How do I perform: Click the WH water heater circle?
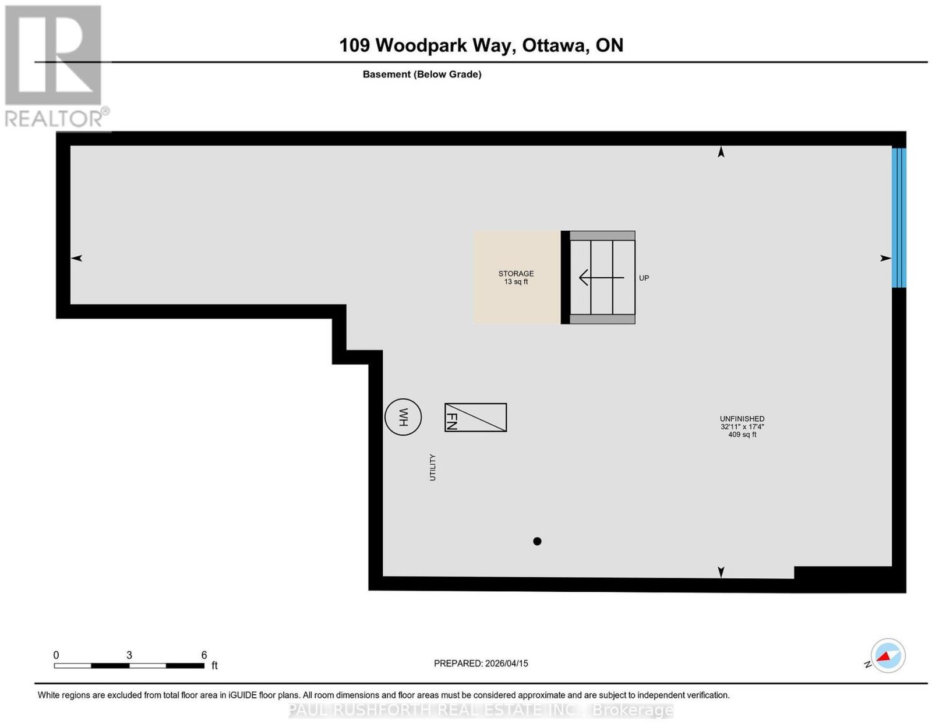403,416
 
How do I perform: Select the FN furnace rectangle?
475,417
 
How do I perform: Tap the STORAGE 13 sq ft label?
516,277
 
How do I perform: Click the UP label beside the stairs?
643,278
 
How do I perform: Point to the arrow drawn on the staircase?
601,278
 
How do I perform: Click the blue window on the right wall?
899,218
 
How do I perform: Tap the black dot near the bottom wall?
537,541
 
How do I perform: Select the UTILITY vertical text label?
432,467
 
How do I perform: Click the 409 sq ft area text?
742,435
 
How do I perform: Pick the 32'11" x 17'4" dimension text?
742,426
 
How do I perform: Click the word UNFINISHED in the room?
742,418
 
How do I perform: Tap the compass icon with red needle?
887,655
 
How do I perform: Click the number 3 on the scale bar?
129,655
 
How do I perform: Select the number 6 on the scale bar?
204,655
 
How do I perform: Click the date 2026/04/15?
507,663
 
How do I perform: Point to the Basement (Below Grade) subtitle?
422,74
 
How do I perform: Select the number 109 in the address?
354,45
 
